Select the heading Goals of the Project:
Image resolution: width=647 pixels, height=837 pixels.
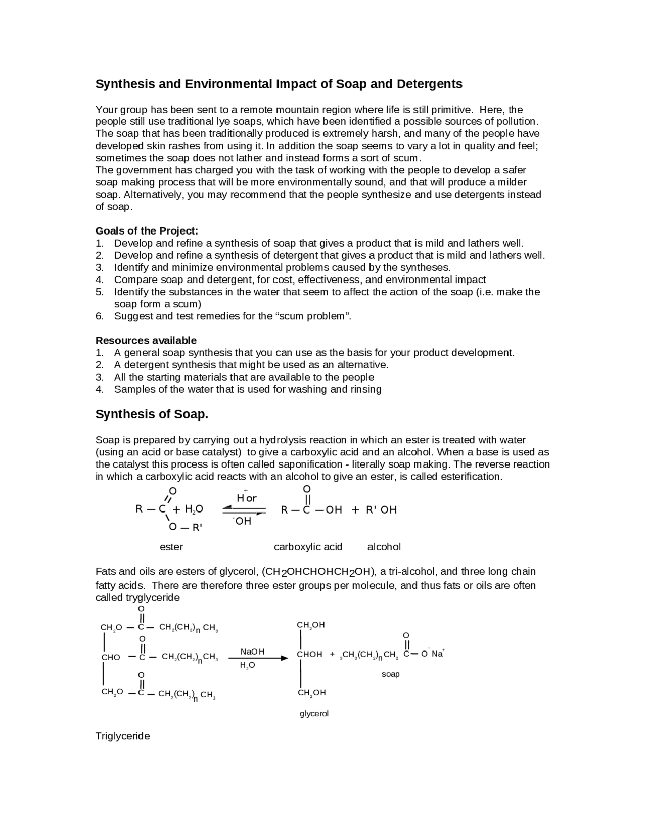[x=147, y=231]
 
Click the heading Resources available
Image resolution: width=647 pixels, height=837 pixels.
[x=146, y=340]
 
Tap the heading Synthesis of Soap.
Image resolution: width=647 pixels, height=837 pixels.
[x=152, y=414]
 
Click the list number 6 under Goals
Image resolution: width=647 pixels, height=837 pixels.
[x=99, y=316]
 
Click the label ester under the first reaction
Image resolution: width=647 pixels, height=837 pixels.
[x=171, y=547]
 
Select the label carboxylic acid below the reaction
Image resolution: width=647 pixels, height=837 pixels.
[x=308, y=547]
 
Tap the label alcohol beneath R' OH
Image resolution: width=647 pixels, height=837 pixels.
[x=384, y=547]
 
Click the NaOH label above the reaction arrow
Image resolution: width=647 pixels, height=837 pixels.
[x=252, y=652]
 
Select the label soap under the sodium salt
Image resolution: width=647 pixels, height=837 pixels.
[x=390, y=674]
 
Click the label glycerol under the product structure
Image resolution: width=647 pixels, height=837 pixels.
[x=314, y=714]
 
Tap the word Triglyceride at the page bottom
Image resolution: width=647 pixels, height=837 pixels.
[x=123, y=736]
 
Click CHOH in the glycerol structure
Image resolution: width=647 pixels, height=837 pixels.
[x=309, y=654]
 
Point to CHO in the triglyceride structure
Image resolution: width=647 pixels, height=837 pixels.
[x=111, y=657]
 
